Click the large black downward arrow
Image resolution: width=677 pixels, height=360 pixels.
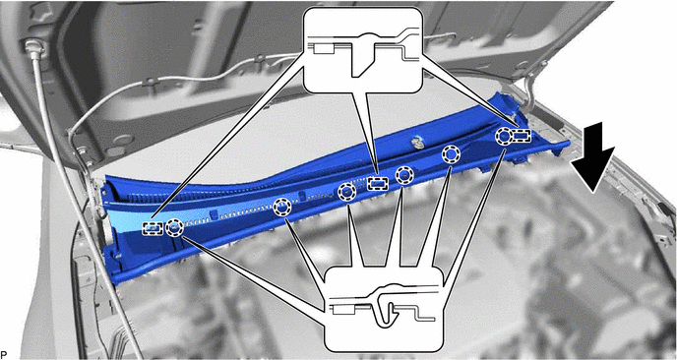click(x=592, y=157)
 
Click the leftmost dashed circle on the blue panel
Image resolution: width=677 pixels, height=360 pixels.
click(x=174, y=227)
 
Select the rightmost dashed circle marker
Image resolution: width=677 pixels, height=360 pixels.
click(x=503, y=137)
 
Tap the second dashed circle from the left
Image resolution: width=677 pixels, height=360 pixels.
click(x=282, y=208)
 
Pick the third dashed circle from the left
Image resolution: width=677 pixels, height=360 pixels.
click(x=346, y=192)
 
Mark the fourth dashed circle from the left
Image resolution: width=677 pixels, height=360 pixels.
click(x=404, y=175)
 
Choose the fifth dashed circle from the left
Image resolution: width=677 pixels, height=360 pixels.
click(x=451, y=154)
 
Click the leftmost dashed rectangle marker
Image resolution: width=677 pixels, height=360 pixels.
click(x=153, y=228)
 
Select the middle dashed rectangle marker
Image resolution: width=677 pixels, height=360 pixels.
click(x=377, y=184)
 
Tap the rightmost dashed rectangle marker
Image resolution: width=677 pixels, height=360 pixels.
click(x=522, y=136)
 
